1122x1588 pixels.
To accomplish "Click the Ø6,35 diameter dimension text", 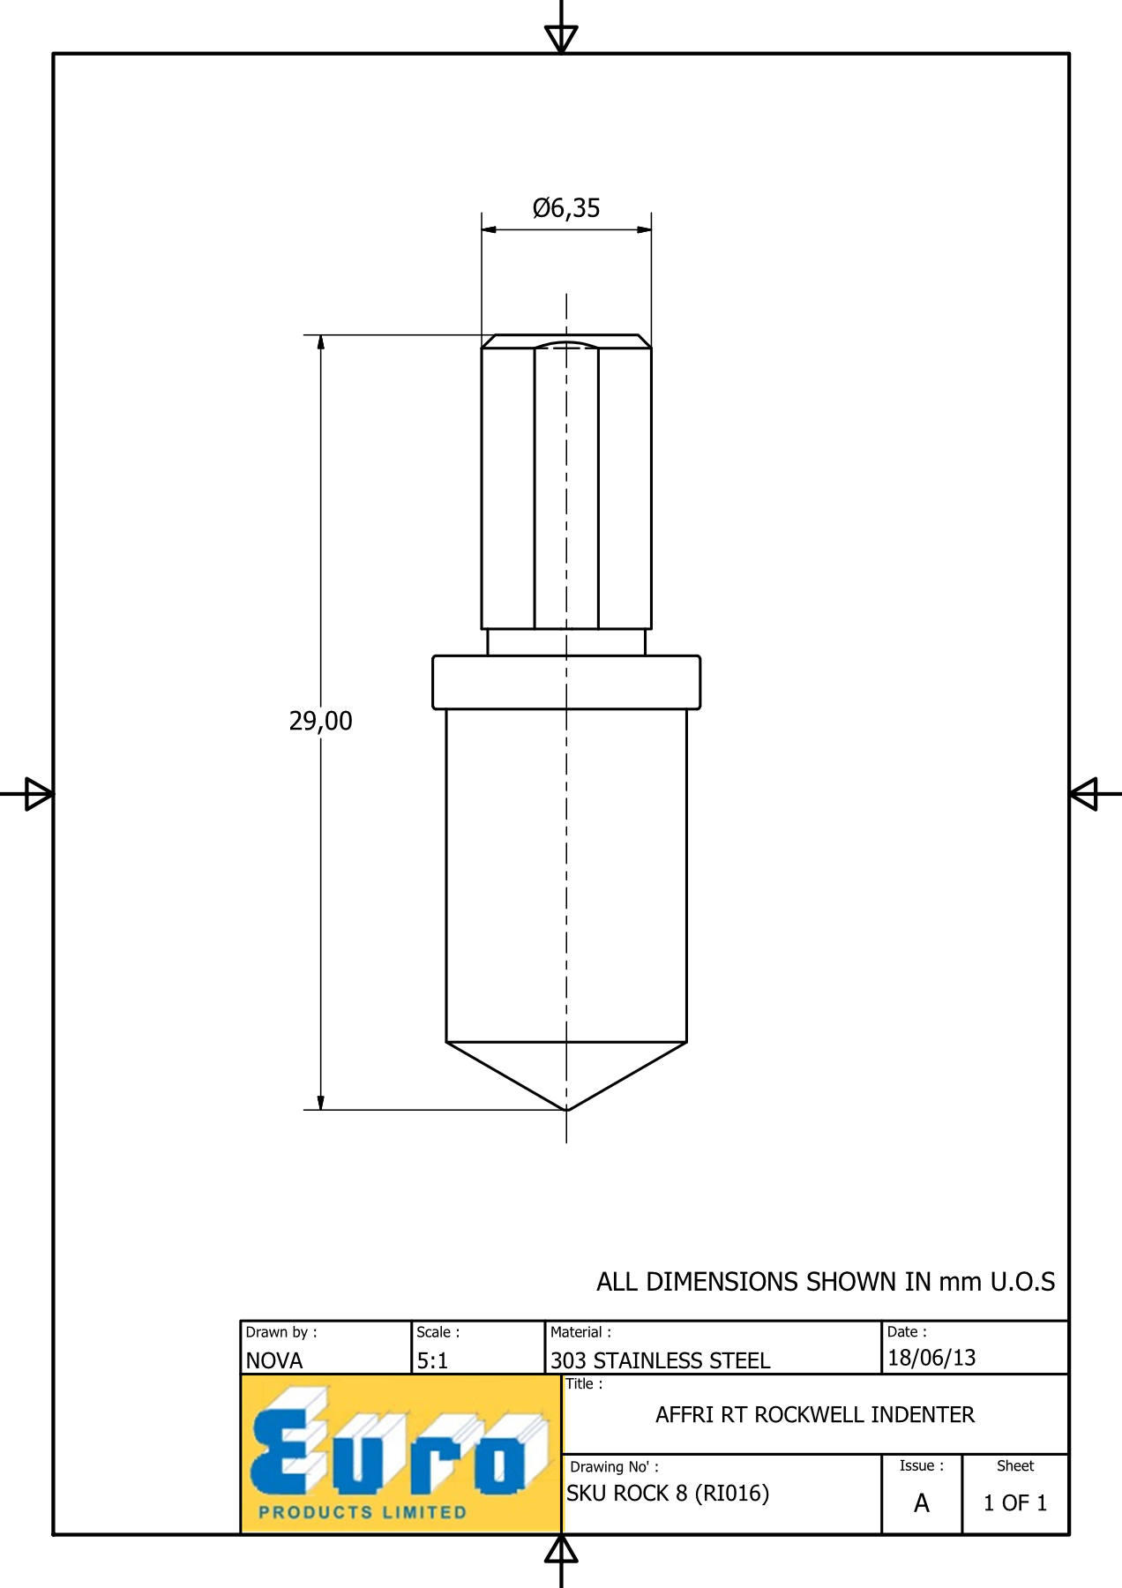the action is pyautogui.click(x=566, y=208).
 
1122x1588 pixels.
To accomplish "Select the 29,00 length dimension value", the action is pyautogui.click(x=320, y=722).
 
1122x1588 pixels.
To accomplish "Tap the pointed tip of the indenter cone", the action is pyautogui.click(x=566, y=1110).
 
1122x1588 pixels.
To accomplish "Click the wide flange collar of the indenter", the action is pyautogui.click(x=566, y=682).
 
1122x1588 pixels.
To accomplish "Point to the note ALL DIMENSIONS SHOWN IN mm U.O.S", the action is pyautogui.click(x=826, y=1282).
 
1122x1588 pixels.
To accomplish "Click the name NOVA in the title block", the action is pyautogui.click(x=274, y=1360).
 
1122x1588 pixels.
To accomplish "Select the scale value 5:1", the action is pyautogui.click(x=432, y=1360).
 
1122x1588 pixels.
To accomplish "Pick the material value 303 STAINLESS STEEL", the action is pyautogui.click(x=661, y=1360).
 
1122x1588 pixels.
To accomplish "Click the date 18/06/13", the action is pyautogui.click(x=931, y=1358).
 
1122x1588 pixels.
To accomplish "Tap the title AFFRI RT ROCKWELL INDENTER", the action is pyautogui.click(x=815, y=1415).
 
